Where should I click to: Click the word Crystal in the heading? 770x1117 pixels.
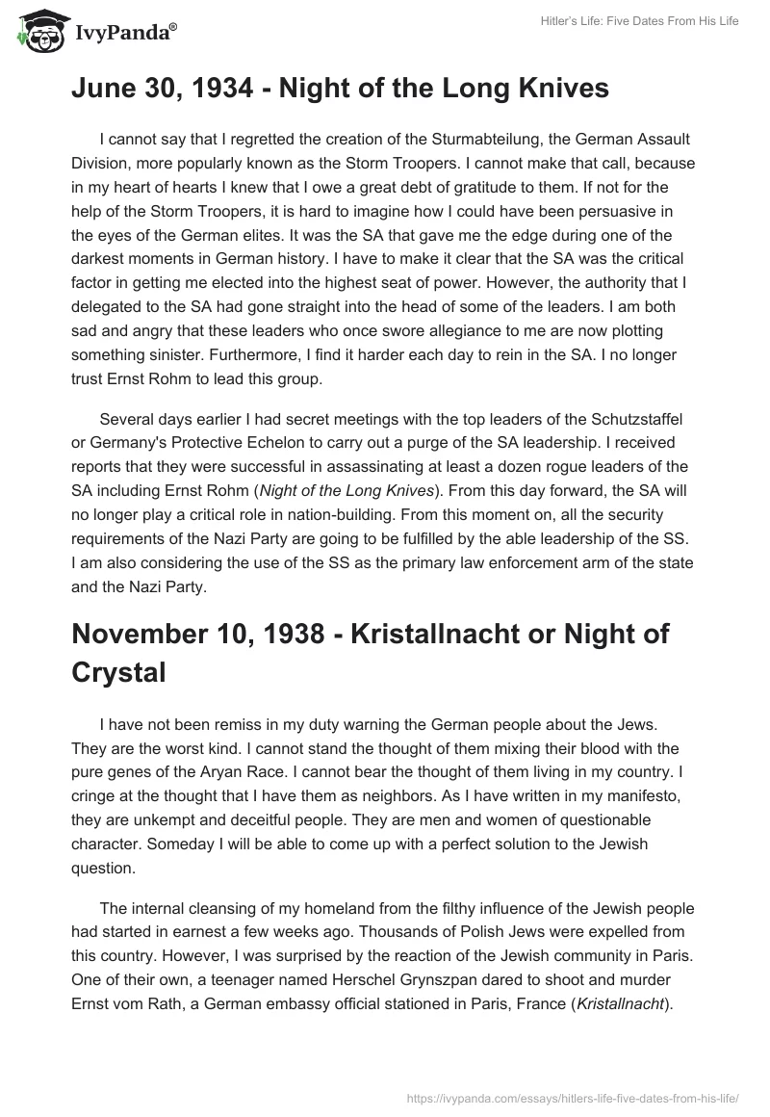tap(118, 671)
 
